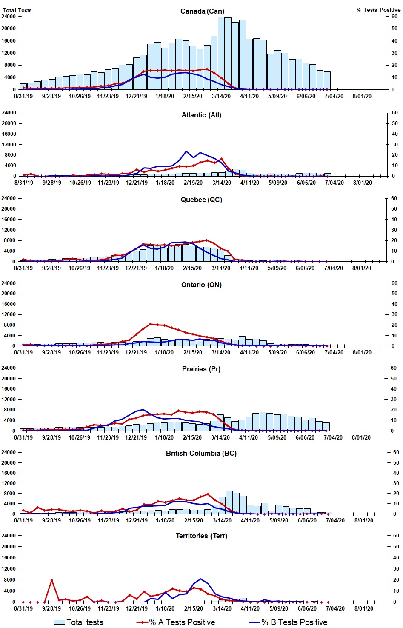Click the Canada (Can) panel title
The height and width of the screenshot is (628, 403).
[202, 11]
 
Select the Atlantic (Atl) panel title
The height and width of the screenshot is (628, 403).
[201, 115]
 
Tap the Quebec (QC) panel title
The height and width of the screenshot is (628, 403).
[201, 200]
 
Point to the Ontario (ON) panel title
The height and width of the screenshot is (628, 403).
[201, 285]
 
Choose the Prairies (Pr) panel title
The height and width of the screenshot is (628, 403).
[201, 369]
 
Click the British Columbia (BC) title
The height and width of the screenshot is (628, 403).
[201, 453]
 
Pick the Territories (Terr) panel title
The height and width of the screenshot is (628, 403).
[201, 536]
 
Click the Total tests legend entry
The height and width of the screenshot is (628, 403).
[79, 622]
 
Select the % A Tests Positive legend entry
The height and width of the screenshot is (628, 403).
[176, 622]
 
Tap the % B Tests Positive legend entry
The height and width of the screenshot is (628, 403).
[288, 622]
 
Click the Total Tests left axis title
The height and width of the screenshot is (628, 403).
[17, 10]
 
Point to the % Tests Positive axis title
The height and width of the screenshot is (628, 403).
[378, 10]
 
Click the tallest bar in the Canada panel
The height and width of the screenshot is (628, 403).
[221, 53]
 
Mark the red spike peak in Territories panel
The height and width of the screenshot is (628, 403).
[51, 580]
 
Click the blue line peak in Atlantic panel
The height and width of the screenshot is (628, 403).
[186, 151]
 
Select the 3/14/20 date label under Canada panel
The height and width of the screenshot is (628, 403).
[221, 96]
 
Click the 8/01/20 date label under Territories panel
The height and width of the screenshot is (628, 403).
[364, 608]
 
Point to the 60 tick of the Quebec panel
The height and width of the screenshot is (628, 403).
[395, 198]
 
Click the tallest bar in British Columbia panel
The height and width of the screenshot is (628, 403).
[229, 502]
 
